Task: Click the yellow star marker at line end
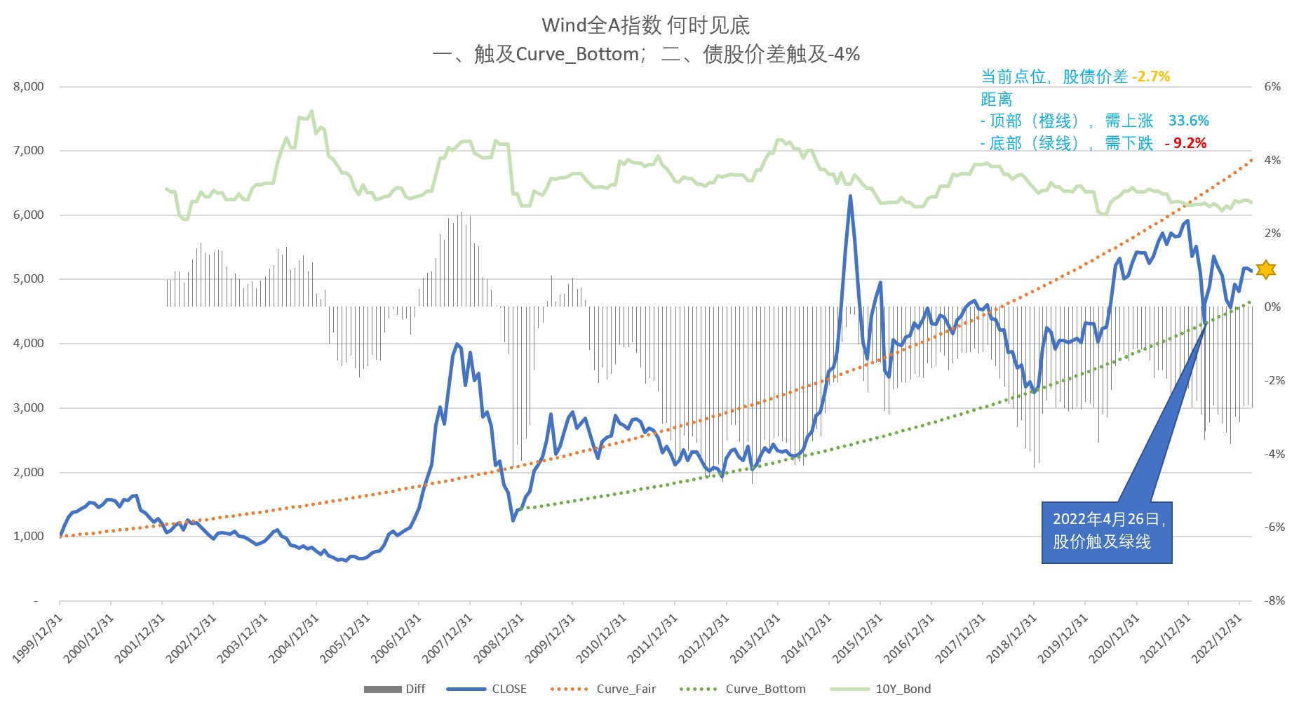pos(1265,269)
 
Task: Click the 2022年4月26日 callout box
pos(1106,532)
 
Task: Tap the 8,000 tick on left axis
pos(28,86)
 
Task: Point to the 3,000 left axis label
pos(28,407)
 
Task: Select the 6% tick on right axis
pos(1272,86)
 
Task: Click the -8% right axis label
pos(1274,600)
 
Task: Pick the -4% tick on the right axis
pos(1274,454)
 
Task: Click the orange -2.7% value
pos(1151,76)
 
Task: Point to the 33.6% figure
pos(1188,121)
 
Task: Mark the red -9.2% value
pos(1185,143)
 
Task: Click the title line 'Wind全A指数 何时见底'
pos(645,25)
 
